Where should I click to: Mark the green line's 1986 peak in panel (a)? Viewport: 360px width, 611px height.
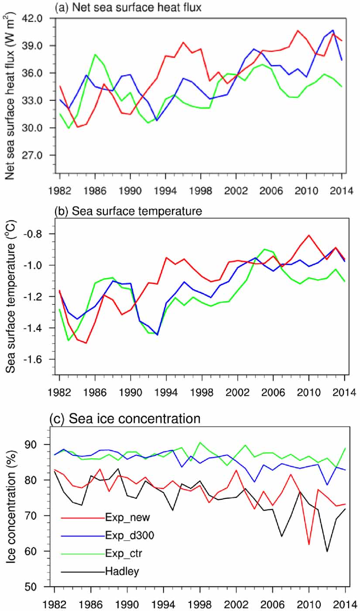point(95,55)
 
